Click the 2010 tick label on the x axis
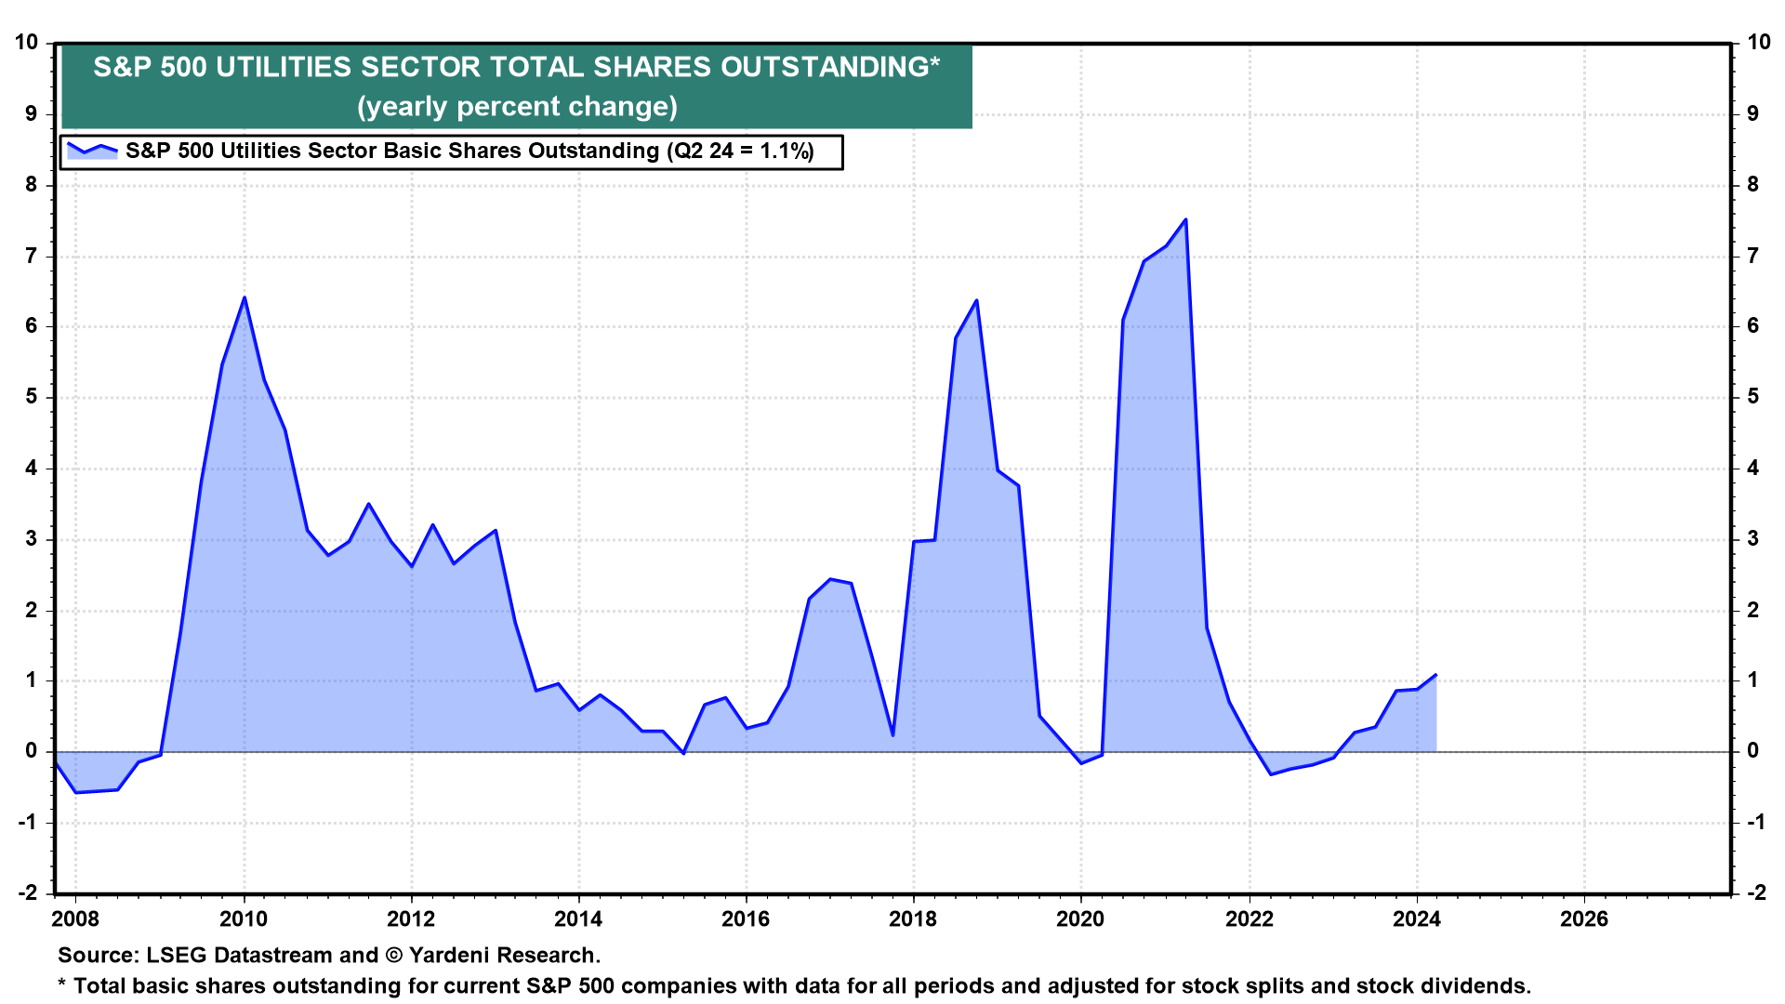click(x=243, y=919)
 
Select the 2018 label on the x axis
click(x=913, y=919)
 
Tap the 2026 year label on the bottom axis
click(x=1583, y=919)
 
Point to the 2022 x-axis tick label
click(x=1249, y=919)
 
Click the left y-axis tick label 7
click(x=32, y=256)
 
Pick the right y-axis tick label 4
click(x=1752, y=469)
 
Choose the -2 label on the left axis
click(x=28, y=893)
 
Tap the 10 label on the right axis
click(x=1758, y=43)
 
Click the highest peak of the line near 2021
click(x=1185, y=219)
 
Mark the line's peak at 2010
click(x=245, y=297)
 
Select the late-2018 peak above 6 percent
click(x=976, y=300)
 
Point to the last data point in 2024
click(x=1436, y=675)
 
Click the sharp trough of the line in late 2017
click(x=892, y=735)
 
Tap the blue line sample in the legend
click(x=92, y=150)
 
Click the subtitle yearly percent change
click(x=517, y=107)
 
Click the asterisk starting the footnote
click(x=62, y=984)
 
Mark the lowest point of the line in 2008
click(x=75, y=792)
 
